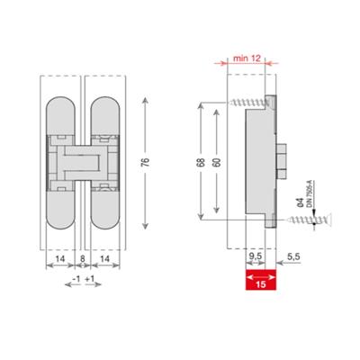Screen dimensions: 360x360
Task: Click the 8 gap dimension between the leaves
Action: tap(83, 259)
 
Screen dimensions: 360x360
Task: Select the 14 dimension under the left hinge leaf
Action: tap(58, 259)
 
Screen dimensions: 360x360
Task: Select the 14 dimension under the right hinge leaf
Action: tap(106, 259)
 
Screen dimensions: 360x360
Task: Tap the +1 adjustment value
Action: tap(93, 279)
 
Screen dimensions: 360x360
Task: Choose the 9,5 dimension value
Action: tap(255, 256)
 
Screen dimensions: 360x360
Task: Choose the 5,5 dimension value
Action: tap(293, 256)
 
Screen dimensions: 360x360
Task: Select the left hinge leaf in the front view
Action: tap(60, 162)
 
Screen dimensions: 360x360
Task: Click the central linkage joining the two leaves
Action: tap(83, 162)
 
